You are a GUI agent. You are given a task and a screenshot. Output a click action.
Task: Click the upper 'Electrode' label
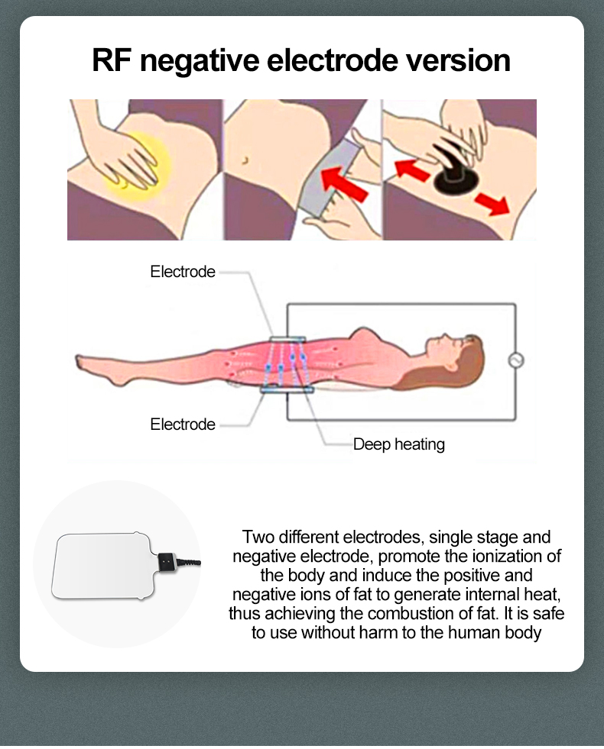[x=183, y=272]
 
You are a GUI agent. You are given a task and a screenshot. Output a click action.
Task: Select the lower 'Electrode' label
[x=183, y=425]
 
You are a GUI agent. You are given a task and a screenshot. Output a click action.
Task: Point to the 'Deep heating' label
[x=399, y=444]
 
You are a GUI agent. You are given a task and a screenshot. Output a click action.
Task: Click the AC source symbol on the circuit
[x=516, y=360]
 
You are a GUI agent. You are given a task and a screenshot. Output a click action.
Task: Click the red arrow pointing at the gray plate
[x=344, y=184]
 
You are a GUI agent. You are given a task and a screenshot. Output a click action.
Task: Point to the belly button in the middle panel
[x=246, y=160]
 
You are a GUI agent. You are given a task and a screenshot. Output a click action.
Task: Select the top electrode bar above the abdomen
[x=287, y=339]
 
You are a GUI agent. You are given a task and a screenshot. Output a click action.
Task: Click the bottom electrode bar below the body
[x=287, y=390]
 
